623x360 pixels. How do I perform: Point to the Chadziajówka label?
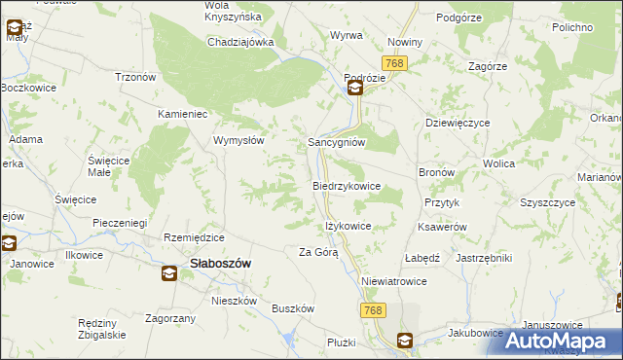pyautogui.click(x=240, y=43)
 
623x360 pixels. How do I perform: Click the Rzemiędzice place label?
pyautogui.click(x=195, y=238)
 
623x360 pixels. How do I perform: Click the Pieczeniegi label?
pyautogui.click(x=119, y=223)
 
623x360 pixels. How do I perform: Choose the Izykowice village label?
pyautogui.click(x=348, y=225)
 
